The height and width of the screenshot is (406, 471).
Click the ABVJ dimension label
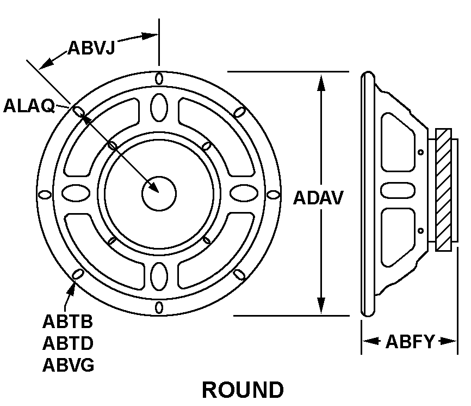[91, 47]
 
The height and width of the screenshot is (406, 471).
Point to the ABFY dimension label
[410, 342]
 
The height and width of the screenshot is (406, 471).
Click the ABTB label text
[68, 322]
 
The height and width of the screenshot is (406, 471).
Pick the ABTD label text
[68, 343]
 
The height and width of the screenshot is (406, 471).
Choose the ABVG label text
[69, 365]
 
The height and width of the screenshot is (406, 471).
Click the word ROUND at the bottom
[243, 390]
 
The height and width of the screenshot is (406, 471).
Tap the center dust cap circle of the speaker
[159, 192]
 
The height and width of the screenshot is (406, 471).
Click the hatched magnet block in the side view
[444, 190]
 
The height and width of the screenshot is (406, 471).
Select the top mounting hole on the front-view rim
[159, 78]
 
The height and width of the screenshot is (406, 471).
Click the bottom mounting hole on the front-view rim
[159, 307]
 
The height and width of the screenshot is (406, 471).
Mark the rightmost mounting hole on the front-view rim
[274, 193]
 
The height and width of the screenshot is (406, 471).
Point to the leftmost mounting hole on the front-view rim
[45, 193]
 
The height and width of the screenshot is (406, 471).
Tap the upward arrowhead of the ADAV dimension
[321, 82]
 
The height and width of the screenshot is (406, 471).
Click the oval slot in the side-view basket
[393, 190]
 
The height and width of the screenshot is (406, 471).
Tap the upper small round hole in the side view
[420, 152]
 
